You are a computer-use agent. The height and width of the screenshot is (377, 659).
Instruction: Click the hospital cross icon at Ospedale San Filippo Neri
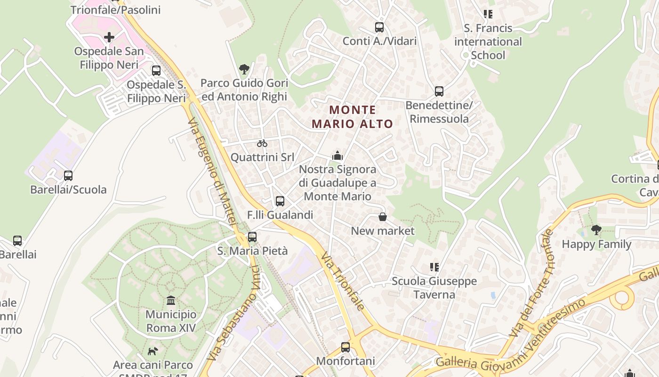pos(109,37)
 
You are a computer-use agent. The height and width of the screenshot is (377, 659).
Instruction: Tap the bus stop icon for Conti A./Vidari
pos(379,27)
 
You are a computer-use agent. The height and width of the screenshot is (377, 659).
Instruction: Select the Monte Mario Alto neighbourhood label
pos(352,117)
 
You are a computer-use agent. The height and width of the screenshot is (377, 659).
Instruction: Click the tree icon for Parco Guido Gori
pos(244,70)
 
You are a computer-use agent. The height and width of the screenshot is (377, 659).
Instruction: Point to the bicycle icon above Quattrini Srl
pos(262,143)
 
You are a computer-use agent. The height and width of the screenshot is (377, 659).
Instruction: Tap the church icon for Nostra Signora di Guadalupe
pos(338,156)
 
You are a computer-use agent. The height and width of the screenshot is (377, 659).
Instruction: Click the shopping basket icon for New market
pos(383,217)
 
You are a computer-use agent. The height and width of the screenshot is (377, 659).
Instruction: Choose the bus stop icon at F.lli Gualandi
pos(280,201)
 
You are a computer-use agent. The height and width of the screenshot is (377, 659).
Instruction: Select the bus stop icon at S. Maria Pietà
pos(252,237)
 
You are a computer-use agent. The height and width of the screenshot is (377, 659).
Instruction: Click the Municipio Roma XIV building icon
pos(171,301)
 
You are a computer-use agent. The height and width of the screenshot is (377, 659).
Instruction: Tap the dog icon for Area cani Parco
pos(153,351)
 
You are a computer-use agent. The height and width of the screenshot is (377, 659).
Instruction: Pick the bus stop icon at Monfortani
pos(346,348)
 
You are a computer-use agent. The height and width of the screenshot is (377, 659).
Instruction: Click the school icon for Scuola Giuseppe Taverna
pos(434,267)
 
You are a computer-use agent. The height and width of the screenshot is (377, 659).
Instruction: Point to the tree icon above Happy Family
pos(596,230)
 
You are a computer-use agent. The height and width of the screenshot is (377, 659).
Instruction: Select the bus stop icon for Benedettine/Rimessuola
pos(439,91)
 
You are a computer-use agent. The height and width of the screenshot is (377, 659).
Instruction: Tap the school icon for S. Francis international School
pos(488,14)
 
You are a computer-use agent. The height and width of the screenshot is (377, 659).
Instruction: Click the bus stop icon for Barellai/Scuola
pos(68,176)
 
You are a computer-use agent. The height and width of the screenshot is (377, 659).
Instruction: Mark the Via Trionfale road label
pos(343,281)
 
